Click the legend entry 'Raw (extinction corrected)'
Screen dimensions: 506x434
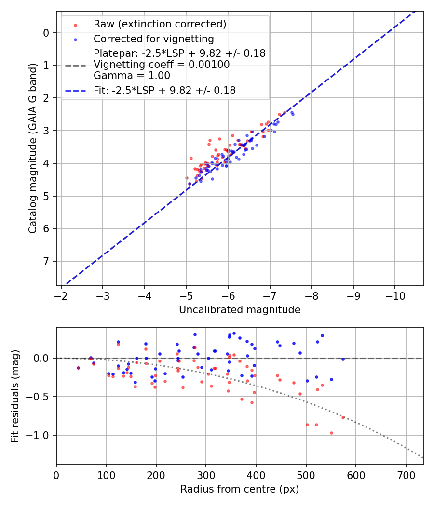[x=160, y=24]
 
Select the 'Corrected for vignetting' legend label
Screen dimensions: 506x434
[x=154, y=39]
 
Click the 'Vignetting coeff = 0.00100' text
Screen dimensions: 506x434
[x=162, y=64]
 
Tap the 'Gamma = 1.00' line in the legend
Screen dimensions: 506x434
[x=132, y=75]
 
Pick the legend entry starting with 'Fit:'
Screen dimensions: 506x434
[x=164, y=90]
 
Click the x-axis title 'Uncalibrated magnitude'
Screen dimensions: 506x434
[x=240, y=310]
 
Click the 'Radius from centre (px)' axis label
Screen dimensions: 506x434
[x=240, y=489]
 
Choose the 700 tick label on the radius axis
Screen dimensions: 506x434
[x=406, y=475]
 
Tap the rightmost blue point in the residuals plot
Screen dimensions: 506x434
[x=343, y=359]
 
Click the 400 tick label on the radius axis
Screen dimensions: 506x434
[x=256, y=475]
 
